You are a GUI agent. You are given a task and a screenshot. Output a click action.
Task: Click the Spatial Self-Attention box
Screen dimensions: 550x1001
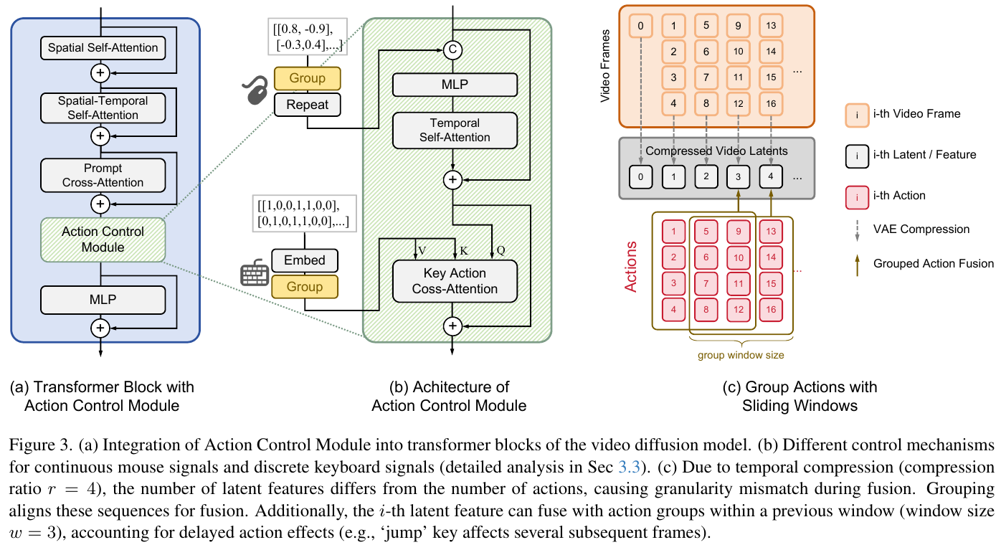(x=103, y=48)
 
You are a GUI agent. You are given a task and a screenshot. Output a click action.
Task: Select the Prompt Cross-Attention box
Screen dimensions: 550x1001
(x=103, y=175)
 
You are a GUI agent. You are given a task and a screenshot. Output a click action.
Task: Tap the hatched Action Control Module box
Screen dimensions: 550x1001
(x=103, y=240)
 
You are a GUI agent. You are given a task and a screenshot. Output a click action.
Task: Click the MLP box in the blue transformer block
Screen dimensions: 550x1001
(x=103, y=299)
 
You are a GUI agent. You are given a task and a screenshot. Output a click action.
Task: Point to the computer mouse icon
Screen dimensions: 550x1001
(x=255, y=92)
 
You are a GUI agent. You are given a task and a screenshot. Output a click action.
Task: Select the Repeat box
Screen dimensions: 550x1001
(x=307, y=105)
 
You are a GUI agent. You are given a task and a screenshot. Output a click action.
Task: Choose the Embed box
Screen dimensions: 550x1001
(x=305, y=260)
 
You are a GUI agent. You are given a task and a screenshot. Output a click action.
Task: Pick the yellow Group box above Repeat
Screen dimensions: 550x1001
(x=307, y=78)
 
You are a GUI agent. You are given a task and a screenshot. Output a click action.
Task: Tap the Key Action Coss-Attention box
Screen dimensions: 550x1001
(x=455, y=281)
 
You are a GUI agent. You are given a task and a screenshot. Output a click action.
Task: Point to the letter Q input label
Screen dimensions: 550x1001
(x=500, y=251)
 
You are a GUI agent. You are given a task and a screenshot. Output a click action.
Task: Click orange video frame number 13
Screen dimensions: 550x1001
(x=771, y=27)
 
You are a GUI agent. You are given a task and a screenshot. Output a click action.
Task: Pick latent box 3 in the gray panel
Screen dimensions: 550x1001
(x=739, y=176)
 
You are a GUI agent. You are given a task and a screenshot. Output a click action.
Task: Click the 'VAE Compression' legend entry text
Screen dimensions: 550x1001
(x=921, y=229)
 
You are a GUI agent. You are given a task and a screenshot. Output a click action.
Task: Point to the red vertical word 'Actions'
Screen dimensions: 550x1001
(x=631, y=265)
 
